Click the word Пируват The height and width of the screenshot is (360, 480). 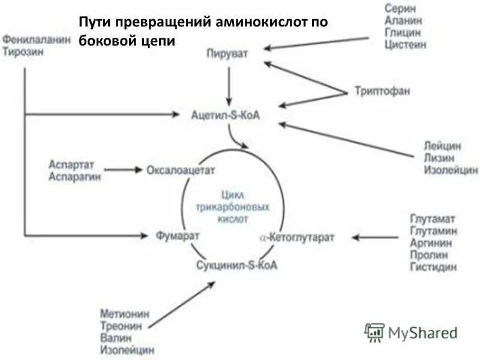[x=227, y=53]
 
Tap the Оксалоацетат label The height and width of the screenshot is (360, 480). [x=181, y=170]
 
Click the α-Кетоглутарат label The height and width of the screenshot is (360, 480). [x=296, y=237]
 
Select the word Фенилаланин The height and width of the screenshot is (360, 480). [x=37, y=39]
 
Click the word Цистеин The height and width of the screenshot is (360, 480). [x=406, y=44]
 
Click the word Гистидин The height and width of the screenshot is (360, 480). [x=433, y=267]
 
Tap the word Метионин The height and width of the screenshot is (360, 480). [x=125, y=314]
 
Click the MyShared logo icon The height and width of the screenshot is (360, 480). [x=374, y=332]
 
